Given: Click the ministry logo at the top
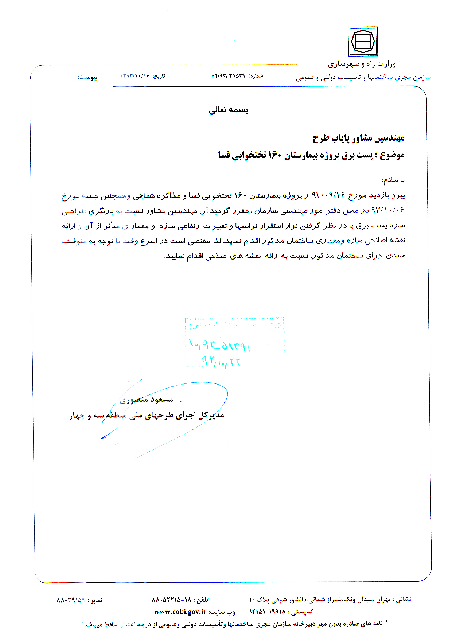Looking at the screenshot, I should click(x=362, y=41).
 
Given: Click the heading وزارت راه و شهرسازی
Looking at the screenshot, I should click(x=362, y=64).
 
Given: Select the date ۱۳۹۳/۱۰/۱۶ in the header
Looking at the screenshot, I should click(x=135, y=76).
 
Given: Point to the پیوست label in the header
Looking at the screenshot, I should click(x=88, y=78).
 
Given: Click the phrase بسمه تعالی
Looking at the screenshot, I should click(x=229, y=110).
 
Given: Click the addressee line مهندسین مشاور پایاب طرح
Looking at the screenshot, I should click(x=358, y=138).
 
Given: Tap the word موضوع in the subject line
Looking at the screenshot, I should click(x=392, y=155).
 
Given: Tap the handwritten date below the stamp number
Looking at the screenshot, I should click(x=221, y=361).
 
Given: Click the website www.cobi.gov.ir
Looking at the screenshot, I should click(x=180, y=611).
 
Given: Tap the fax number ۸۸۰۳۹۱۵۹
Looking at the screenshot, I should click(x=71, y=600).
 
